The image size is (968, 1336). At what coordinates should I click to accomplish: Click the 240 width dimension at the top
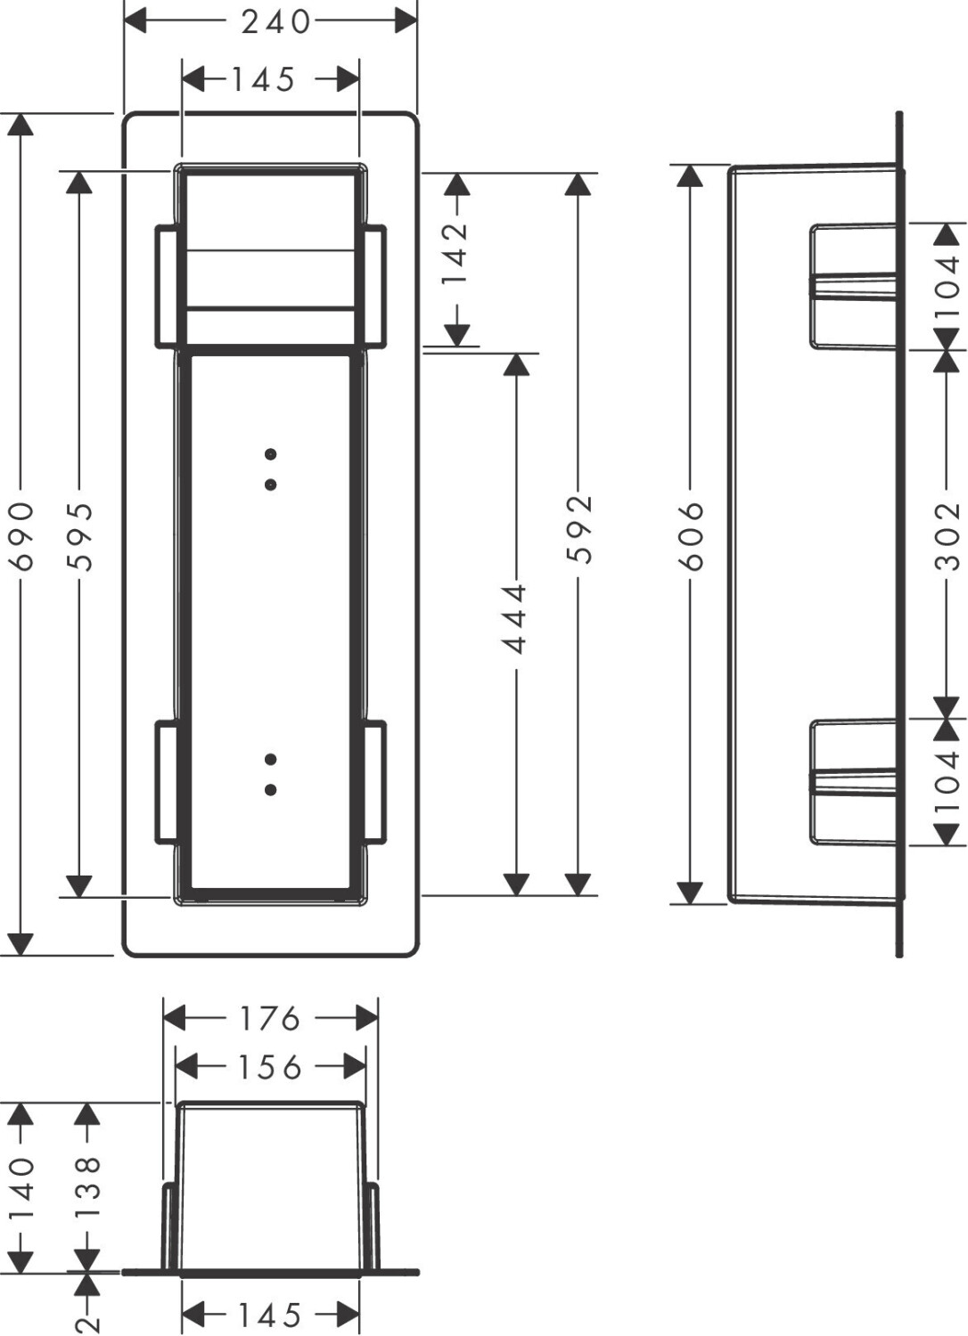click(x=275, y=22)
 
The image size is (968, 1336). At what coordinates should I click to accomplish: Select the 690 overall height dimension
click(x=22, y=537)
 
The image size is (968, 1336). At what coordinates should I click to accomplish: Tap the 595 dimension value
click(x=79, y=537)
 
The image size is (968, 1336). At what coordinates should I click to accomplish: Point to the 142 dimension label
click(x=456, y=256)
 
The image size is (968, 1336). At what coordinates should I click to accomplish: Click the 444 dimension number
click(x=514, y=618)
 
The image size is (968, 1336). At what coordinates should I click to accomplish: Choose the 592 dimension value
click(x=578, y=529)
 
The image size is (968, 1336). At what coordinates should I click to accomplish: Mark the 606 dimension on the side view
click(x=691, y=536)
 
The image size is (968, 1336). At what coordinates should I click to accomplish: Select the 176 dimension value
click(x=270, y=1019)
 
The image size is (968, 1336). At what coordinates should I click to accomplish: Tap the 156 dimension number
click(x=270, y=1068)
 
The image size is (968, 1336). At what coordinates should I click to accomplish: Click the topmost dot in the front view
click(x=270, y=454)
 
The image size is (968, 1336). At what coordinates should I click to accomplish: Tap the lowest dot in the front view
click(x=270, y=790)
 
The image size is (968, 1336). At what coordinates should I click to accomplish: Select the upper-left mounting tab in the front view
click(x=167, y=286)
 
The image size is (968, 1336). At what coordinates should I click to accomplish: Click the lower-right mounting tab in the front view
click(x=375, y=782)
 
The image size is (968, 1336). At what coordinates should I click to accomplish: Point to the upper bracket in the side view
click(x=853, y=286)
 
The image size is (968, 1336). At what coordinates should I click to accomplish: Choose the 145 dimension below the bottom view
click(x=270, y=1313)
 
